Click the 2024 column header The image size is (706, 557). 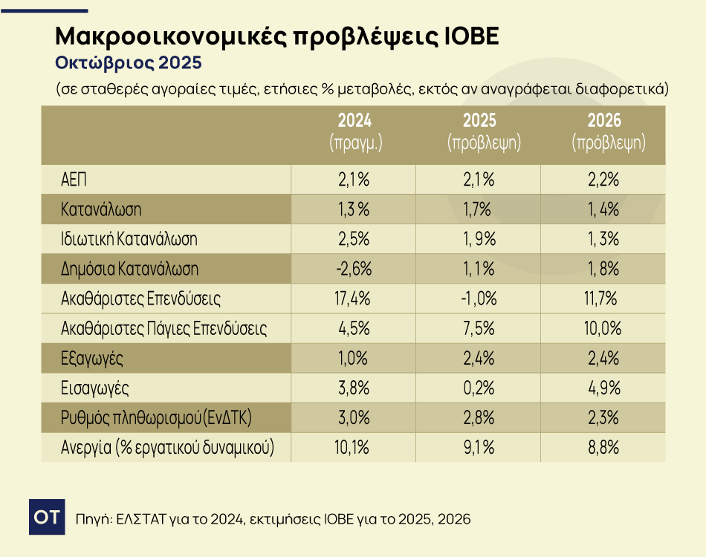tap(354, 132)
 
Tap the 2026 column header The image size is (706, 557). tap(603, 132)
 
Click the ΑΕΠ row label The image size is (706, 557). tap(75, 179)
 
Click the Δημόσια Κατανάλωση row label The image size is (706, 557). tap(129, 269)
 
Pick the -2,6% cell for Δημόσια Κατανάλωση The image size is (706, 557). tap(354, 269)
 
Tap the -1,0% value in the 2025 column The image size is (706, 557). tap(479, 299)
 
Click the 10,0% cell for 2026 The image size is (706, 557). tap(603, 328)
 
